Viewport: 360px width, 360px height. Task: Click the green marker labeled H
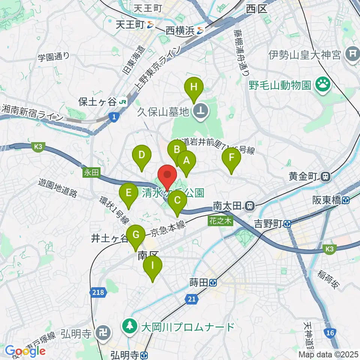coord(193,88)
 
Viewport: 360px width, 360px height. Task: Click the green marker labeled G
coord(136,235)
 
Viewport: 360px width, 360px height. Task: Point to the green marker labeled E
coord(128,193)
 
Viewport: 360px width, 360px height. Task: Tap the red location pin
coord(167,175)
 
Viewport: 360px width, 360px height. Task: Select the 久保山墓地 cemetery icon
coord(200,111)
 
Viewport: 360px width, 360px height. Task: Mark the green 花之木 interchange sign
coord(221,221)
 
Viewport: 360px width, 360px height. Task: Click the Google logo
coord(25,351)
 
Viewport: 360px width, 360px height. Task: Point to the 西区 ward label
coord(256,9)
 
